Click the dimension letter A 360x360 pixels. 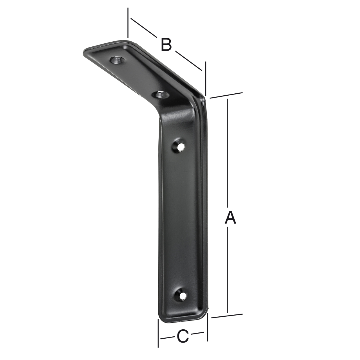(x=230, y=218)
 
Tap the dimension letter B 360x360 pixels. (x=166, y=45)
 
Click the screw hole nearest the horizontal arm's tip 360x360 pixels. (x=116, y=60)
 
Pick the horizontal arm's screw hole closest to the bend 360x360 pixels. (x=161, y=94)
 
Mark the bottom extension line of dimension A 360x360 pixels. (x=227, y=316)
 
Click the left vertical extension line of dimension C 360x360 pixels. (x=158, y=333)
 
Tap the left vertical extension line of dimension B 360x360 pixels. (x=128, y=22)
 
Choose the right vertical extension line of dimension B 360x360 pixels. (x=206, y=79)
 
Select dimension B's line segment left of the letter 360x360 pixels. (x=143, y=28)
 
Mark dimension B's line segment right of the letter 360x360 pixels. (x=188, y=60)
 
